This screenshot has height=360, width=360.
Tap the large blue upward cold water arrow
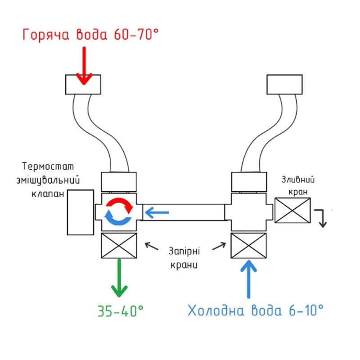point(248,279)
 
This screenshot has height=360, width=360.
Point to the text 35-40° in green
point(120,310)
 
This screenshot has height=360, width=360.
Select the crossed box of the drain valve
point(292,211)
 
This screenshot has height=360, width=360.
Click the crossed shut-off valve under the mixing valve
point(118,246)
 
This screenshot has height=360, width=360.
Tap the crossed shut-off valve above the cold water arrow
point(249,246)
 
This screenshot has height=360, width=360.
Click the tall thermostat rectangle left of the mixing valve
point(80,212)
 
